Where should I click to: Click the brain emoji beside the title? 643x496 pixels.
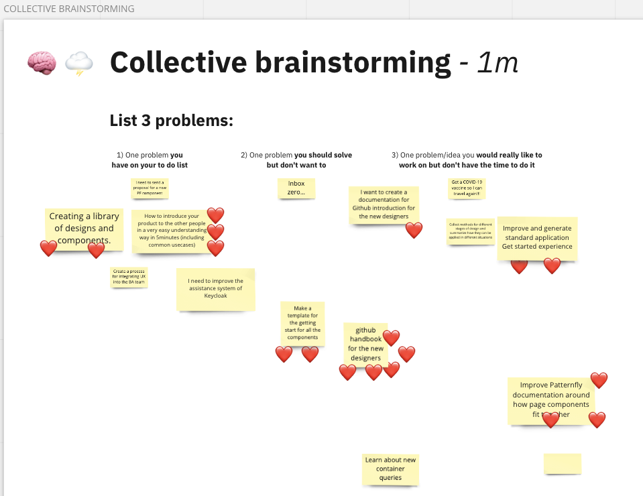click(x=42, y=63)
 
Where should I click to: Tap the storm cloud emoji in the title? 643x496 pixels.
click(x=78, y=64)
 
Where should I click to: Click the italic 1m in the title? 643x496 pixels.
click(x=497, y=63)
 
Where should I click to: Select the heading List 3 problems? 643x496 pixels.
click(x=171, y=121)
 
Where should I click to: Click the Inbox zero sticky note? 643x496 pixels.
click(x=296, y=188)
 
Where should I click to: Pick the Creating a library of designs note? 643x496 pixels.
click(x=84, y=228)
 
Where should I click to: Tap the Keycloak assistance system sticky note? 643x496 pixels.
click(x=215, y=289)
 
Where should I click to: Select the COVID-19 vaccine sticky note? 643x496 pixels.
click(x=467, y=188)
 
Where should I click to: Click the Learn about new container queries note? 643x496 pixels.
click(x=390, y=469)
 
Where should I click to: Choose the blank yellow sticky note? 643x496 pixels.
click(x=562, y=464)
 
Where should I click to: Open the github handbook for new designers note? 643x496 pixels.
click(x=365, y=344)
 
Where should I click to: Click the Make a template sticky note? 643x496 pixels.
click(x=302, y=323)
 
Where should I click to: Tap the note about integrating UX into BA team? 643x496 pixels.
click(x=129, y=277)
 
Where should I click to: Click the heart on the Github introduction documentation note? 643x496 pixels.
click(x=414, y=231)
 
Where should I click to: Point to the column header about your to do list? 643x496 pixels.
click(x=149, y=160)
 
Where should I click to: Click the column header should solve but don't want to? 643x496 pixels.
click(x=296, y=160)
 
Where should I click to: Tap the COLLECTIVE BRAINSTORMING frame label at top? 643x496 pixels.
click(x=68, y=9)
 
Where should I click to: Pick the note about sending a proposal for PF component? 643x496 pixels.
click(x=150, y=188)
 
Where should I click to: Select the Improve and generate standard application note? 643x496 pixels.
click(x=537, y=238)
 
